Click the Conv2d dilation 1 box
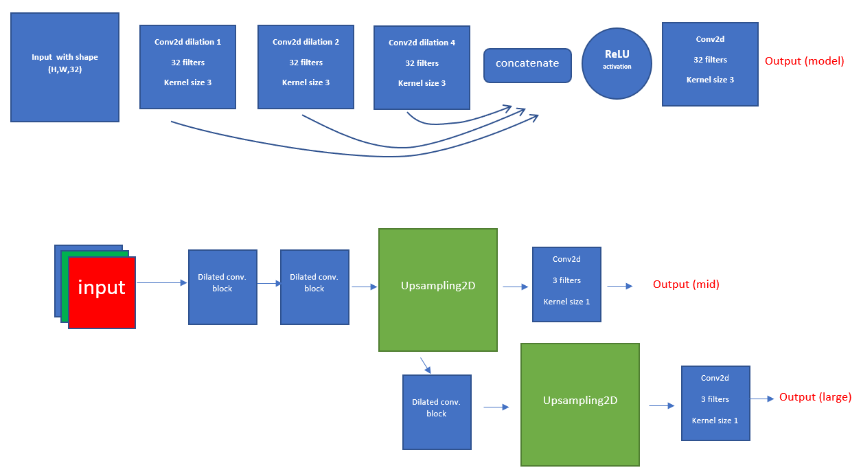click(187, 67)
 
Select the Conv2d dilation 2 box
click(306, 67)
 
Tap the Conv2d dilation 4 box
click(422, 67)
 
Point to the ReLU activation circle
click(617, 63)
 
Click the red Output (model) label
click(804, 61)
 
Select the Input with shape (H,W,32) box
click(65, 67)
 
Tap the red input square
click(102, 293)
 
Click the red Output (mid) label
click(686, 284)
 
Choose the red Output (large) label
click(815, 397)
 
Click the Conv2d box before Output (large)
click(715, 403)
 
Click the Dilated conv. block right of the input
click(222, 287)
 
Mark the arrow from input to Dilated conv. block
click(161, 282)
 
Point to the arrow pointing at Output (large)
click(763, 398)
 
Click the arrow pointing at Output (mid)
click(620, 287)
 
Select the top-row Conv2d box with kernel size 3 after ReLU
click(710, 64)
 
